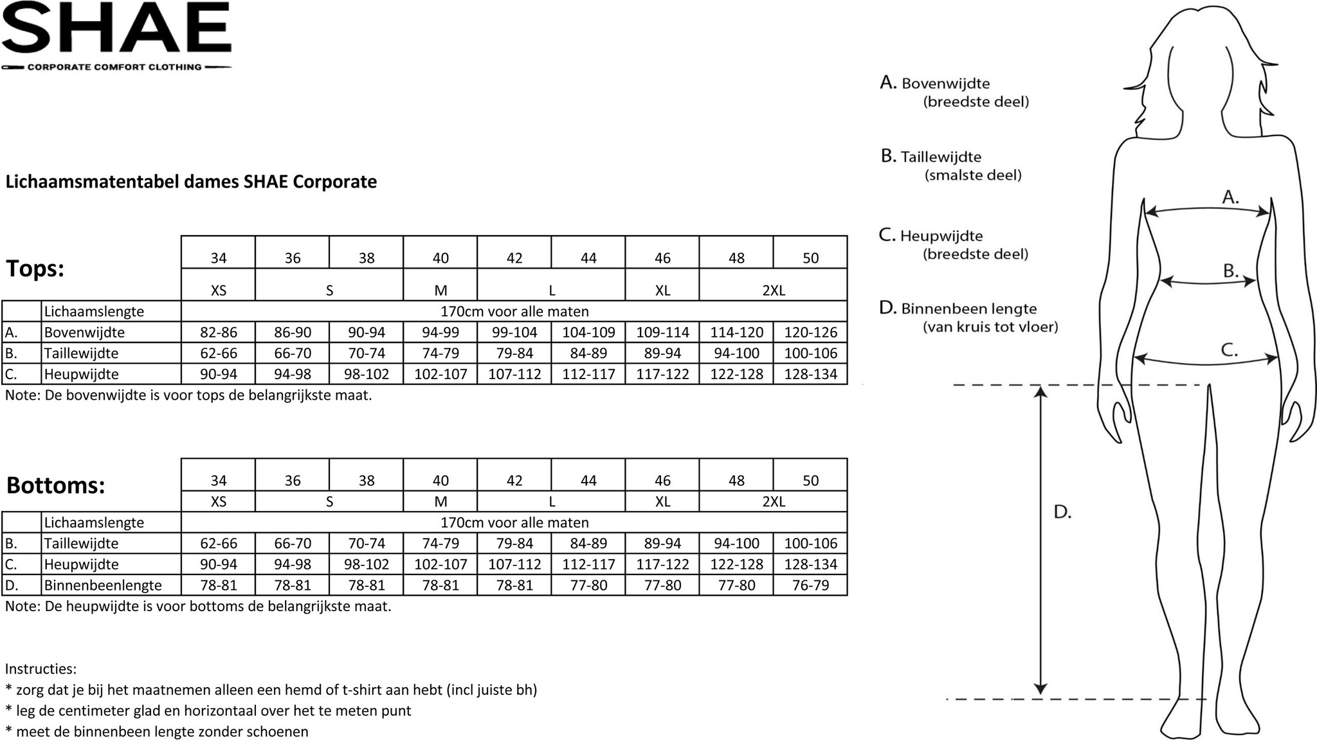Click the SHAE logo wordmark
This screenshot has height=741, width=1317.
116,29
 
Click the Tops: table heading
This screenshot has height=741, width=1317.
35,269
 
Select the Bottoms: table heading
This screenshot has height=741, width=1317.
55,485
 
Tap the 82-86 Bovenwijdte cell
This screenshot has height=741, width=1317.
219,332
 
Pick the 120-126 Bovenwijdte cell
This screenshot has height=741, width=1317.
810,332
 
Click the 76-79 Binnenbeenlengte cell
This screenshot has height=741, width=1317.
810,585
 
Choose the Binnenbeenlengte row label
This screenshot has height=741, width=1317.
103,585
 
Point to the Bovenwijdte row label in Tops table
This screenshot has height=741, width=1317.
84,332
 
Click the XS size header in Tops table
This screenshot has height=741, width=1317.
219,290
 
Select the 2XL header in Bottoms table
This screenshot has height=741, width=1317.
774,501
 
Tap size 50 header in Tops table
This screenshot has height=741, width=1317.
810,258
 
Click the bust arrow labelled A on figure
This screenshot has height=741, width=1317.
1208,210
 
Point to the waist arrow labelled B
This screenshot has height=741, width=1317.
1208,281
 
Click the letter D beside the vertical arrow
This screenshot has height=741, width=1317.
1062,512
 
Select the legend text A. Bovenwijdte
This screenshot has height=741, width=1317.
936,84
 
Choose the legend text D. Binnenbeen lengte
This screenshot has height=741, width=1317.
958,308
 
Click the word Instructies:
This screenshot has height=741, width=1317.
41,668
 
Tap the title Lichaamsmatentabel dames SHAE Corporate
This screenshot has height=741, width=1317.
191,182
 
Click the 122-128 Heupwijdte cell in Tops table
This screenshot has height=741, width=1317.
736,374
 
